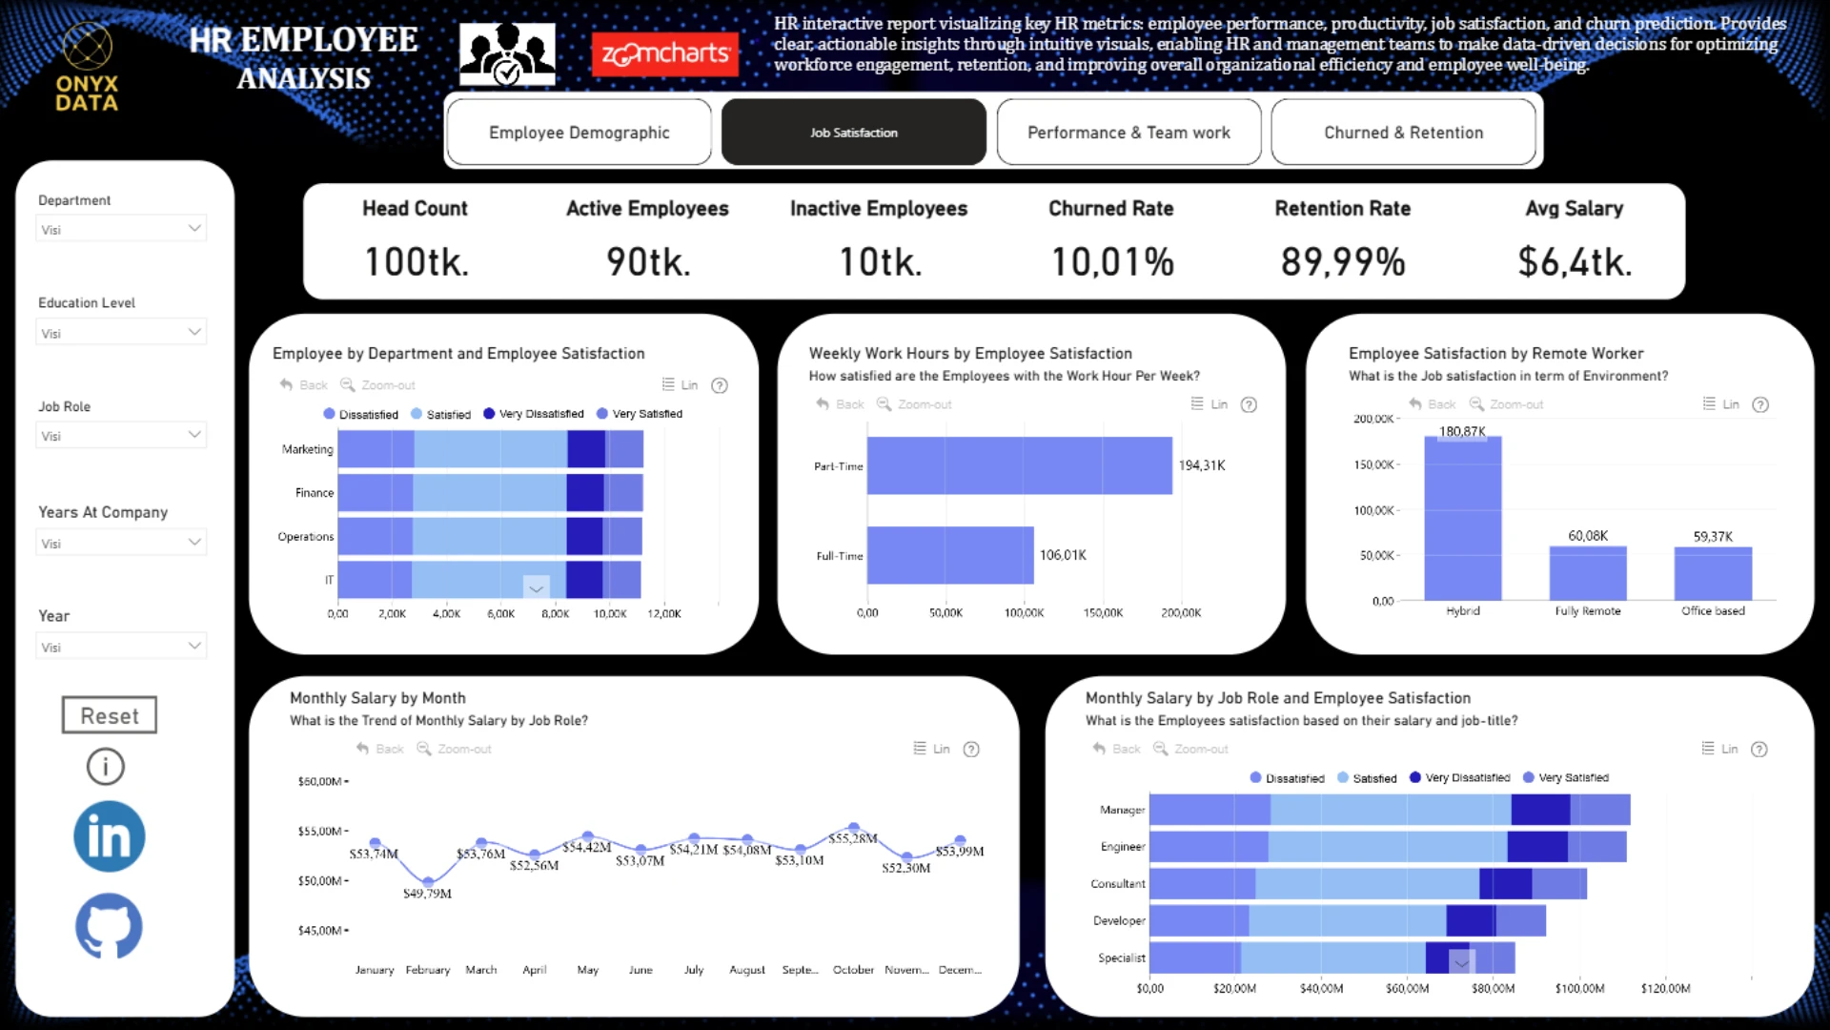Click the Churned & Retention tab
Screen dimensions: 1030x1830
(x=1403, y=133)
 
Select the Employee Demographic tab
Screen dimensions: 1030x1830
(x=579, y=133)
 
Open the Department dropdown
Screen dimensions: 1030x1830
(x=121, y=229)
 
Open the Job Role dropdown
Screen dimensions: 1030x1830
(x=121, y=436)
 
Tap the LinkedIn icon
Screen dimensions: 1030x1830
(x=110, y=836)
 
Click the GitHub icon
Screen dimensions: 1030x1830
(x=109, y=925)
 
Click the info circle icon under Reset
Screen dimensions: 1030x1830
(x=106, y=766)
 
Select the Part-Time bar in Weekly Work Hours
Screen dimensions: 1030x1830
(x=1019, y=465)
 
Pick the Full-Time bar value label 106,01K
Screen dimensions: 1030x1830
(x=1063, y=555)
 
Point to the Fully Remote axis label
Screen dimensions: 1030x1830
(x=1588, y=611)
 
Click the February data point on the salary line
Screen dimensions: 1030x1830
(x=428, y=881)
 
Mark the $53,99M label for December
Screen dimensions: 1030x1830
(x=959, y=852)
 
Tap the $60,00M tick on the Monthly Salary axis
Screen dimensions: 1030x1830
(x=319, y=781)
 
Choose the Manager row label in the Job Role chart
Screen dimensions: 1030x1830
(x=1122, y=810)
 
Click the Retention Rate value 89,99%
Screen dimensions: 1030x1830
(x=1342, y=261)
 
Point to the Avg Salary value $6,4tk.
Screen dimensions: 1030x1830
(x=1575, y=261)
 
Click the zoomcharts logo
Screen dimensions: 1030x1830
(x=665, y=54)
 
